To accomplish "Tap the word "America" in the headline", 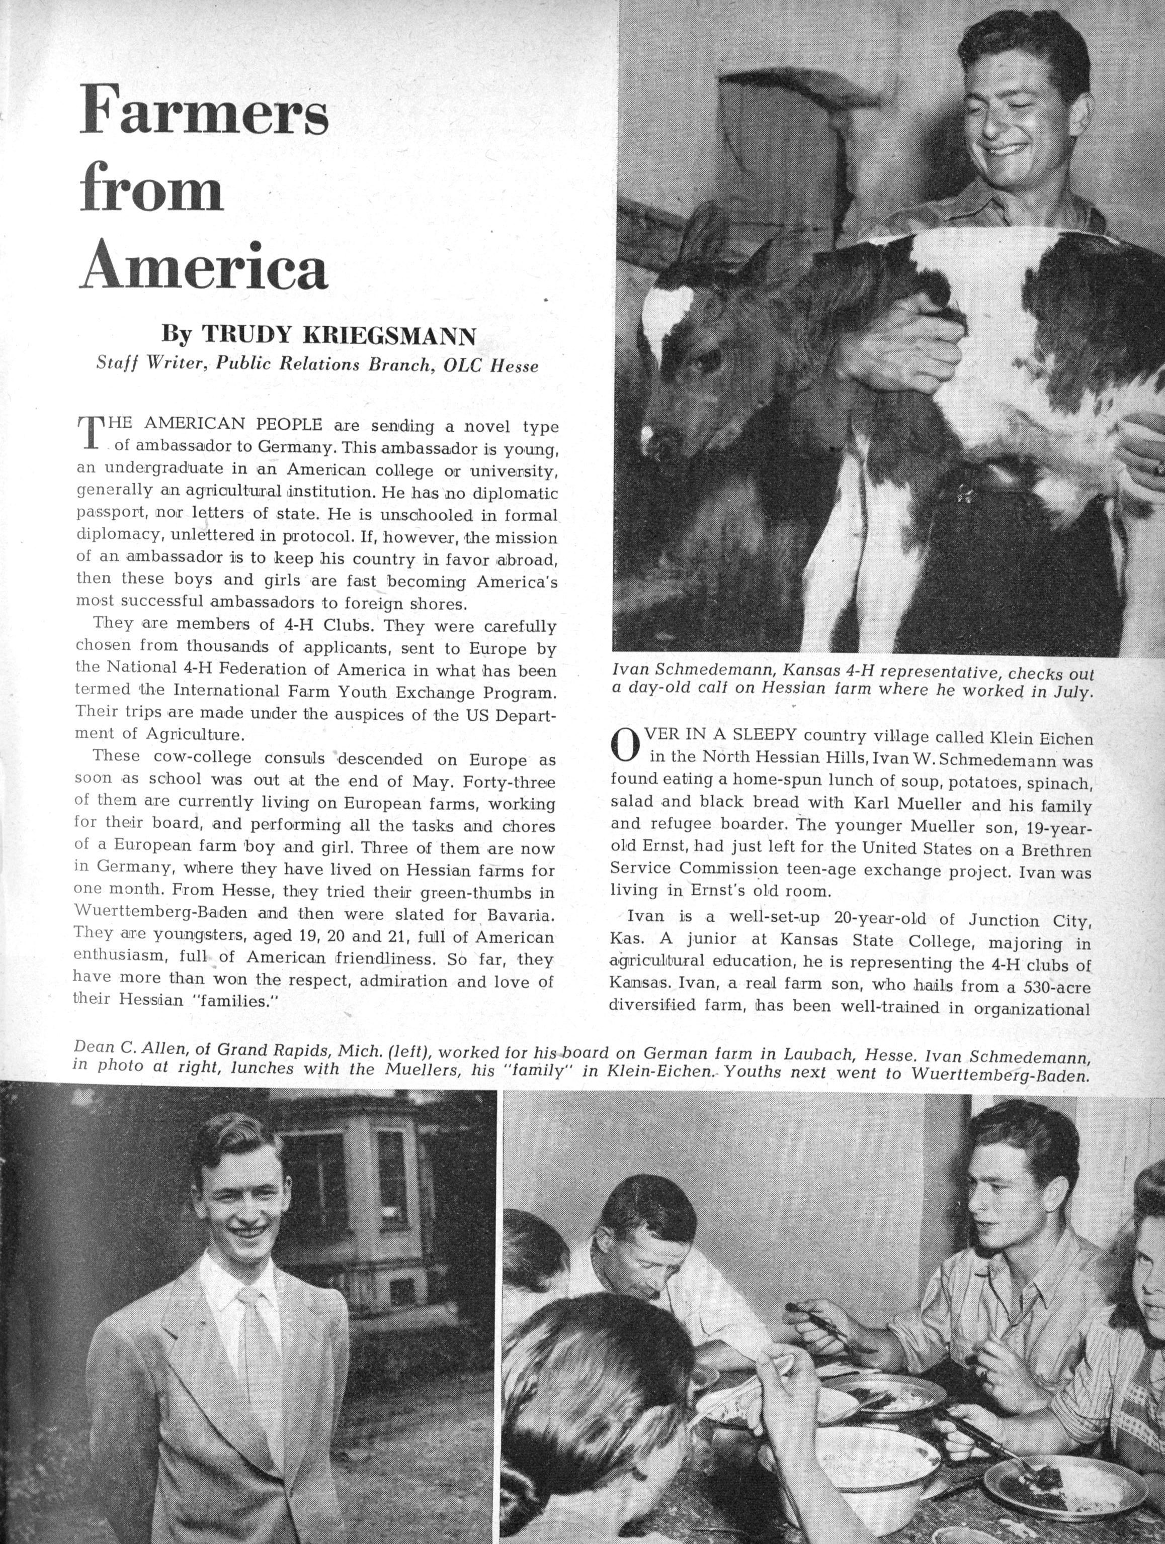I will pos(203,266).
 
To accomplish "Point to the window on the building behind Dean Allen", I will pos(391,1180).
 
